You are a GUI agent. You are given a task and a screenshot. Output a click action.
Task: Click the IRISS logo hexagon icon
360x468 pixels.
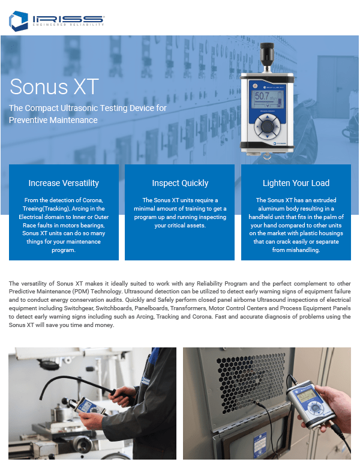[18, 20]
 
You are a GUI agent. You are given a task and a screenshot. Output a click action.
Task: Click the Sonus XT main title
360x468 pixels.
[55, 87]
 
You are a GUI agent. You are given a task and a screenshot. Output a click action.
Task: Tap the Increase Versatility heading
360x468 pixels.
[64, 183]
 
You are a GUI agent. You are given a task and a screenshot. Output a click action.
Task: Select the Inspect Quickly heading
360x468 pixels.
[180, 183]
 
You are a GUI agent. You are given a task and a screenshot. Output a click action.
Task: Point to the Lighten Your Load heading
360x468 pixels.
[296, 183]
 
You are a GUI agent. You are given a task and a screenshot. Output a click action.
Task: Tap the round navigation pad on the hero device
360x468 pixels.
[265, 127]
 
